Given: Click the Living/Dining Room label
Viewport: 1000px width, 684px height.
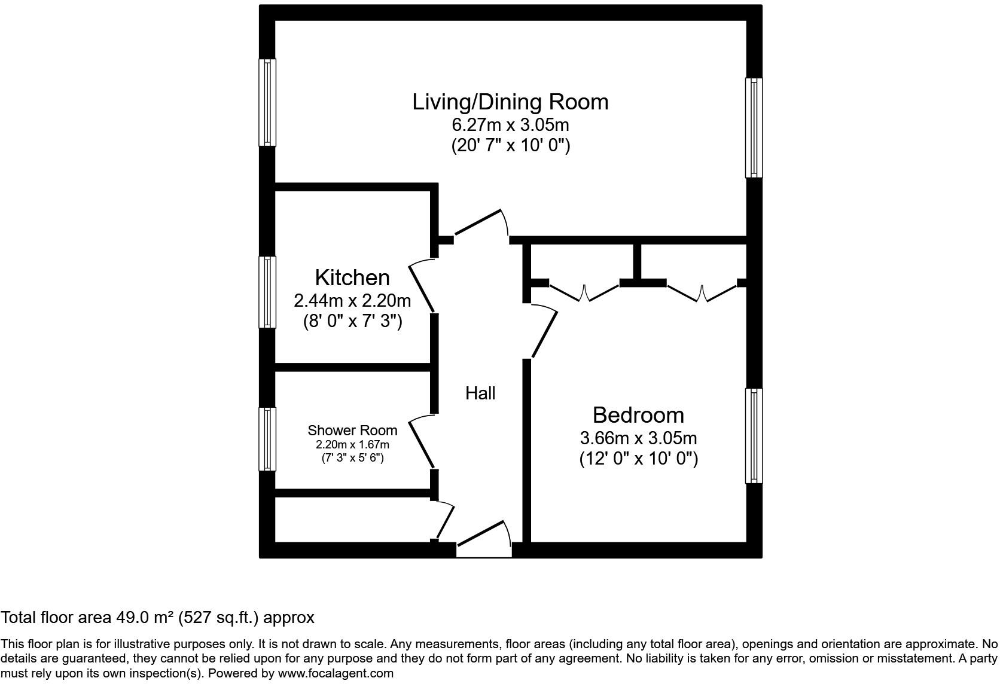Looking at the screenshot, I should [510, 102].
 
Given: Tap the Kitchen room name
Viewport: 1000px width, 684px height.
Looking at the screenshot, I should [352, 277].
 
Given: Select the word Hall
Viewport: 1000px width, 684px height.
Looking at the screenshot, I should [480, 393].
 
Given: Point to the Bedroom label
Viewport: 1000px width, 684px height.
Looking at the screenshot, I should [638, 415].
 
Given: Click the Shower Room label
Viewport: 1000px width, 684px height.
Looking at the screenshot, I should [352, 430].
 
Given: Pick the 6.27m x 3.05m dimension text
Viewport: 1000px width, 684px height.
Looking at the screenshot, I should [510, 125].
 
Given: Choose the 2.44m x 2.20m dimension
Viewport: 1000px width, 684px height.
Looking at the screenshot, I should [352, 300].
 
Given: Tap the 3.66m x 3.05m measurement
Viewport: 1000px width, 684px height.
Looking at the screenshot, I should [638, 438].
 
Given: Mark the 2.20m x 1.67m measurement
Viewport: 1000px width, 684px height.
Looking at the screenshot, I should [352, 445].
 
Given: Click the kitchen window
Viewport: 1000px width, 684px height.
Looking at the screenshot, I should [267, 292].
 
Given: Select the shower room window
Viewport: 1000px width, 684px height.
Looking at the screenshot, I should [267, 439].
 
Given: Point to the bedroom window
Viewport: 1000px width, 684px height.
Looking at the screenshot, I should [754, 435].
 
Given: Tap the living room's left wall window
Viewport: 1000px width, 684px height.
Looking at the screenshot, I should [267, 102].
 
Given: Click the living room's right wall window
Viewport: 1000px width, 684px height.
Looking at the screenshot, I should [754, 127].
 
